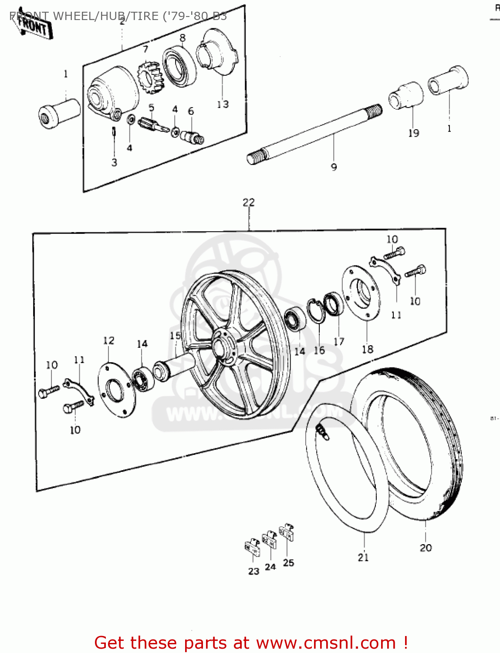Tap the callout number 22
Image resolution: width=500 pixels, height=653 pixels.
pos(249,202)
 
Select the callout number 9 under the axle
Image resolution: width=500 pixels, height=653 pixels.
pos(334,167)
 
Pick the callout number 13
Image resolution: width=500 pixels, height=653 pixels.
pos(223,104)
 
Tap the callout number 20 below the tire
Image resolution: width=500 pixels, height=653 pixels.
pos(426,548)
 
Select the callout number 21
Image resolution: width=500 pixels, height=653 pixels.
pos(363,557)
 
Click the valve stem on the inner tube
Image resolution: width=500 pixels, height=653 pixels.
pos(322,431)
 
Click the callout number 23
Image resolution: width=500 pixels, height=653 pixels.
pos(253,571)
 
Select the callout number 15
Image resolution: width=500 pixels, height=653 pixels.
pos(175,336)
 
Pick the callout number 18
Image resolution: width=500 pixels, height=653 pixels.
pos(367,349)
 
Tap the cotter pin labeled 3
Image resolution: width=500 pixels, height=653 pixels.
pos(114,131)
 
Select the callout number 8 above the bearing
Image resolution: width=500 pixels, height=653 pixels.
pos(182,38)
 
